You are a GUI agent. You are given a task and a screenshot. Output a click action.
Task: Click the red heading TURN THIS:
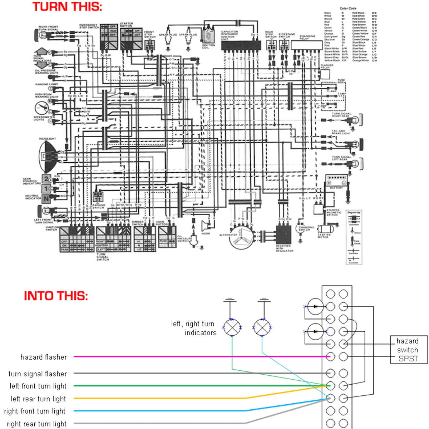click(67, 7)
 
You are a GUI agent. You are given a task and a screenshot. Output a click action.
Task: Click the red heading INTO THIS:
click(56, 296)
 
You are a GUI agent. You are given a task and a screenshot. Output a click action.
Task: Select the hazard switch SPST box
click(408, 350)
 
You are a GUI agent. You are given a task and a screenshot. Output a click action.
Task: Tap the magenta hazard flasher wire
click(200, 356)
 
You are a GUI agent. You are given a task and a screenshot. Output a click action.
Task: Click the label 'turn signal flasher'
click(38, 374)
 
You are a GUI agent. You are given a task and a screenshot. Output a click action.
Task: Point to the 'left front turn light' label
click(38, 386)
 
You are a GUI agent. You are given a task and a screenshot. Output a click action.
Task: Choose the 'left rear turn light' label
click(38, 399)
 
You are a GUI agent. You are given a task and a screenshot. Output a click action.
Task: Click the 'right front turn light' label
click(35, 411)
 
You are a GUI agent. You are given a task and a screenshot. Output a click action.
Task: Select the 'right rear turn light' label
click(36, 424)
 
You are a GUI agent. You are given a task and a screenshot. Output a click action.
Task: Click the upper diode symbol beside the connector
click(315, 307)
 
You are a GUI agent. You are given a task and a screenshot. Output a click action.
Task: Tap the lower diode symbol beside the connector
click(315, 331)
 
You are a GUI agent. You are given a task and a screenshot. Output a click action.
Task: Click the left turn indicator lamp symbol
click(232, 327)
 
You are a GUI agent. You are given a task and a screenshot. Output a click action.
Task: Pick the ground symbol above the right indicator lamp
click(263, 300)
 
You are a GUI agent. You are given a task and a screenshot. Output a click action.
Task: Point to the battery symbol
click(336, 181)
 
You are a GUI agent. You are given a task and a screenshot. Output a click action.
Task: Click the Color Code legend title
click(347, 8)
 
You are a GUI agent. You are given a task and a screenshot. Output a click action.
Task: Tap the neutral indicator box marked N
click(46, 199)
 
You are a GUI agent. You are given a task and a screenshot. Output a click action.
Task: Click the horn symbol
click(206, 226)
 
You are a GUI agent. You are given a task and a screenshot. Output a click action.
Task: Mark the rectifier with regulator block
click(284, 235)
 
